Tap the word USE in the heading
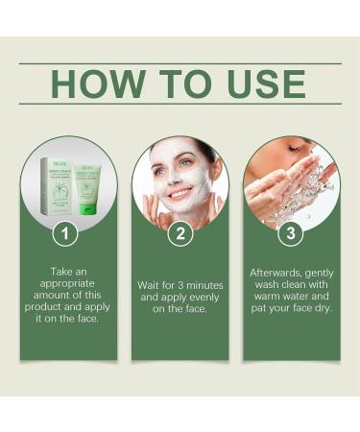click(266, 84)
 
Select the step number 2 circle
click(180, 233)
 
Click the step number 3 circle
click(291, 233)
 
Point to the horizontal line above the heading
click(180, 63)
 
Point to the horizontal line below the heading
click(180, 104)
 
